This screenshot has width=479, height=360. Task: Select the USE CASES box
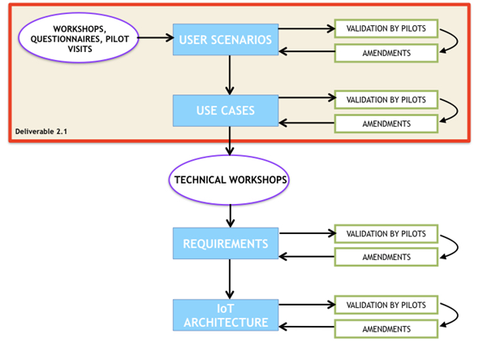click(x=231, y=110)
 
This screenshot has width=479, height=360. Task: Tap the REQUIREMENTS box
click(x=231, y=243)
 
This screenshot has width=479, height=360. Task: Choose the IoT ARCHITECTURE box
click(x=231, y=315)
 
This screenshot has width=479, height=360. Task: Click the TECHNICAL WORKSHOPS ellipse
click(x=231, y=178)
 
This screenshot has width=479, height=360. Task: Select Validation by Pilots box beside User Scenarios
click(x=386, y=29)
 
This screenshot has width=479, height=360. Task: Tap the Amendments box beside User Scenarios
click(x=386, y=53)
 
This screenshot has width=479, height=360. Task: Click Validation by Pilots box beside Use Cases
click(x=386, y=100)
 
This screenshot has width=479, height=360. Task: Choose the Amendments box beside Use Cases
click(x=386, y=124)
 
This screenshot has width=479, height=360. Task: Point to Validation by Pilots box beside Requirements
click(x=386, y=233)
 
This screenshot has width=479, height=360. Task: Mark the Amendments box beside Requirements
click(x=386, y=257)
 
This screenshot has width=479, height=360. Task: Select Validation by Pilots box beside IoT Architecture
click(x=386, y=306)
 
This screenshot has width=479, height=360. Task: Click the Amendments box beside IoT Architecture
click(x=386, y=329)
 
